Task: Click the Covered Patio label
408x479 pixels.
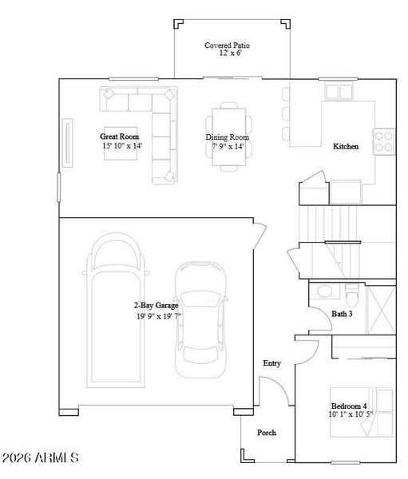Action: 223,46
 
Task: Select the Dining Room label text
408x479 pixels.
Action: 228,137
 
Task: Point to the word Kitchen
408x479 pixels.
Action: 346,147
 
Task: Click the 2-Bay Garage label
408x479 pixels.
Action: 155,306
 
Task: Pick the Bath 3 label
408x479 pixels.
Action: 342,315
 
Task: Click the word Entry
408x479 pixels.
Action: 271,364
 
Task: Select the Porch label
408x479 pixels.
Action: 267,433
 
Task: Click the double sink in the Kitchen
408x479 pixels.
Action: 339,91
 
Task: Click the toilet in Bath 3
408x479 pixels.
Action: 353,293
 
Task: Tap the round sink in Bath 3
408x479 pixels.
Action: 325,291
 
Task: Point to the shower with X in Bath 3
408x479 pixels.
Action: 382,307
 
